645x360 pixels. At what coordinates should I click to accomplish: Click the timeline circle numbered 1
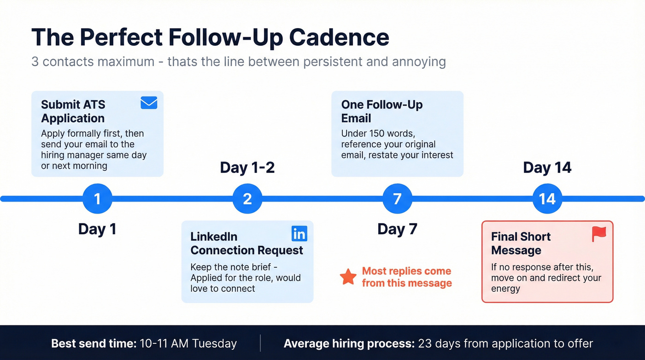click(x=97, y=199)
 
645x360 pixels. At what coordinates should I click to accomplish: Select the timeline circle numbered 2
click(x=247, y=199)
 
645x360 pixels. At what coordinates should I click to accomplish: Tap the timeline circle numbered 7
click(x=397, y=199)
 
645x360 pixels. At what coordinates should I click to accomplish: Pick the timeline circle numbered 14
click(x=547, y=199)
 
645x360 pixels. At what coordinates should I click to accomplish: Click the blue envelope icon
click(x=149, y=103)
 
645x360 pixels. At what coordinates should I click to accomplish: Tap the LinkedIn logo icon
click(x=299, y=234)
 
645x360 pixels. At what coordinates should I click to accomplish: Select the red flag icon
click(x=599, y=234)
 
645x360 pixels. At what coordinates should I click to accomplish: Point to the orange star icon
click(x=348, y=277)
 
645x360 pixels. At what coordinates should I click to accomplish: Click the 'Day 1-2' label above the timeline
click(x=247, y=167)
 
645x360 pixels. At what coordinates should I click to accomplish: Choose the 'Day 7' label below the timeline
click(x=397, y=229)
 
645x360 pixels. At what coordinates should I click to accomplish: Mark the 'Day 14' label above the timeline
click(x=547, y=167)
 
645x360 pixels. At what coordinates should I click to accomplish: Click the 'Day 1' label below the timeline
click(x=97, y=229)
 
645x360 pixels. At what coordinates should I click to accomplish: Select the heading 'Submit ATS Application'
click(x=73, y=111)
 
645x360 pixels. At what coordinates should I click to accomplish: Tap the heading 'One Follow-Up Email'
click(x=381, y=111)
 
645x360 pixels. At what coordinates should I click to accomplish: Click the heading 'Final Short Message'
click(x=521, y=243)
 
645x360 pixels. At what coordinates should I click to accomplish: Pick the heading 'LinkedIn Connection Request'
click(x=246, y=243)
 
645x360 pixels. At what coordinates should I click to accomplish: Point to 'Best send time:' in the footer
click(x=94, y=343)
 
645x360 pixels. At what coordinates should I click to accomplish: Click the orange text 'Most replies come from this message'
click(x=406, y=277)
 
